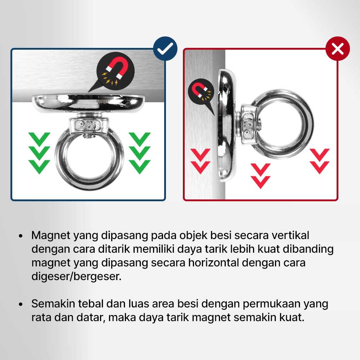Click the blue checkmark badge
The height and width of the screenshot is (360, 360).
165,49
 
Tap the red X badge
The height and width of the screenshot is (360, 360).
338,49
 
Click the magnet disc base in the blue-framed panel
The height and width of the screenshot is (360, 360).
88,103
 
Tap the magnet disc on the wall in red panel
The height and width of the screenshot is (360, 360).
226,125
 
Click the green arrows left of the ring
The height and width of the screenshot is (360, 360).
39,153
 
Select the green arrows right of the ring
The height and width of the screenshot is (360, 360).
140,153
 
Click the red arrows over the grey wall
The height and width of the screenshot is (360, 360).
201,161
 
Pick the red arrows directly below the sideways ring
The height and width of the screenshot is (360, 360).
260,176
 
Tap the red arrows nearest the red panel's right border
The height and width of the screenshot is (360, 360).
320,161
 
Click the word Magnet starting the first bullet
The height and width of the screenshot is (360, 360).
51,235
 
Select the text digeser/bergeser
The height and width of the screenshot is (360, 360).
76,276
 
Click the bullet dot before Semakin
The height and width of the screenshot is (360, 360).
21,305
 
